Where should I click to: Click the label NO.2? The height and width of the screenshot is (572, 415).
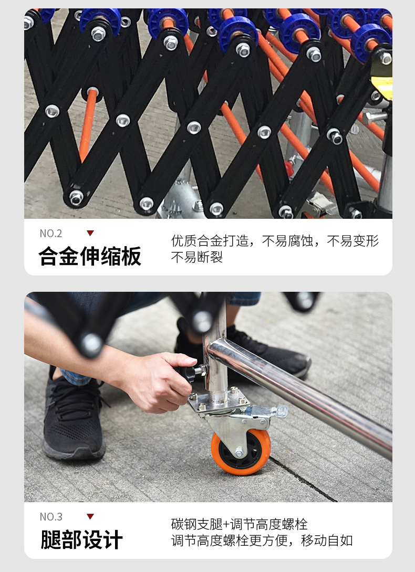coord(51,234)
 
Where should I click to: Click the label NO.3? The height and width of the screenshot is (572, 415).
coord(51,517)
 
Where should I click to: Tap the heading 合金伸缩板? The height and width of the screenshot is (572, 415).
coord(90,256)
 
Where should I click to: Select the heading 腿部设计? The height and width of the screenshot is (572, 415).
coord(81,539)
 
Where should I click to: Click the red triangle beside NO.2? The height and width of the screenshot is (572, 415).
coord(90,233)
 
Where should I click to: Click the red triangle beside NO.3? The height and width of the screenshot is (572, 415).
coord(90,516)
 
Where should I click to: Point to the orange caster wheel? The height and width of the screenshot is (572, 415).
coord(241,452)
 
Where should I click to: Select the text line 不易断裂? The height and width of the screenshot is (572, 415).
coord(197,258)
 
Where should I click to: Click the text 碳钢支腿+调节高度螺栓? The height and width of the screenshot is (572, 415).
coord(240,524)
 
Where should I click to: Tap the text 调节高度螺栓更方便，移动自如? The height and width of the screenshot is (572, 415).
coord(262,541)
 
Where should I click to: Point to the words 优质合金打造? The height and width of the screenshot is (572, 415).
coord(210,241)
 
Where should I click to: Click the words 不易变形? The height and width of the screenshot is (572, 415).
coord(353,241)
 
